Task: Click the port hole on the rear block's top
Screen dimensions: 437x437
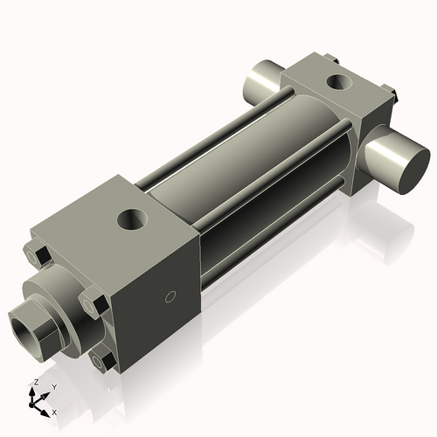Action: click(x=336, y=84)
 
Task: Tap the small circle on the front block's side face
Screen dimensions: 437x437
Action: click(x=172, y=295)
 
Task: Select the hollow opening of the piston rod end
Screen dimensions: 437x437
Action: click(x=25, y=325)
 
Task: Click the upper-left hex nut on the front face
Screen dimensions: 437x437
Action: click(x=37, y=255)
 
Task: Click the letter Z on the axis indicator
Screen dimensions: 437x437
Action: click(x=34, y=382)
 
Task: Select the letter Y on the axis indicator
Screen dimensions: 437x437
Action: click(x=53, y=386)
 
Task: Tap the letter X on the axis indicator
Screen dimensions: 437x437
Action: click(x=55, y=411)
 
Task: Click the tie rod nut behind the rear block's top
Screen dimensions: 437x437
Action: click(x=329, y=59)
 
